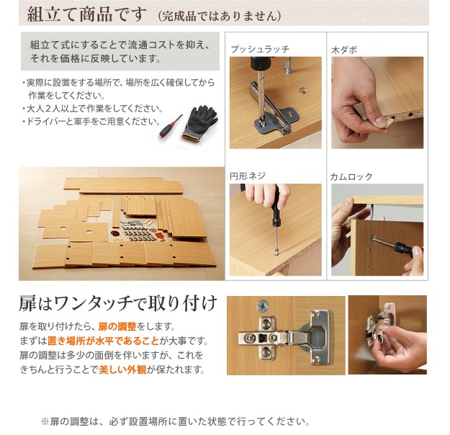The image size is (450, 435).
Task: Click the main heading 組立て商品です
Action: tap(86, 14)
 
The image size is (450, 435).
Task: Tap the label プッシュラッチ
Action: tap(260, 49)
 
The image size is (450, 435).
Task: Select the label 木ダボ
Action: tap(344, 50)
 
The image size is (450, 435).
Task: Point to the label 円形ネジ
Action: tap(248, 176)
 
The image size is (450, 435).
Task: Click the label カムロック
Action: tap(351, 176)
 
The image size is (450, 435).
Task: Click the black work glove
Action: tap(199, 123)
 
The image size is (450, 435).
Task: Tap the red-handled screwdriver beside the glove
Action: tap(171, 127)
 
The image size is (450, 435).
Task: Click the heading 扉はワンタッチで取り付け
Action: tap(118, 303)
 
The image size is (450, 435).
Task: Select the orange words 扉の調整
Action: tap(117, 326)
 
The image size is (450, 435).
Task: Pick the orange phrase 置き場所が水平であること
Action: tap(103, 341)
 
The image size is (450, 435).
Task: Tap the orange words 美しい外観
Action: tap(122, 369)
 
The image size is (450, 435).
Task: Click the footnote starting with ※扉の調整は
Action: tap(176, 421)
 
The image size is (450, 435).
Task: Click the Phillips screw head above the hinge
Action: tap(263, 305)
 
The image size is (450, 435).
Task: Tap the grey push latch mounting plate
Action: tap(277, 120)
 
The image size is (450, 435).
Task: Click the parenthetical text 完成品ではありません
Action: tap(220, 16)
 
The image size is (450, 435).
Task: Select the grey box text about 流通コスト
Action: tap(120, 52)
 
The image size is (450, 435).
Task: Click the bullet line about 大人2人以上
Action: tap(92, 109)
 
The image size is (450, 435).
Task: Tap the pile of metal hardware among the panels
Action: tap(139, 230)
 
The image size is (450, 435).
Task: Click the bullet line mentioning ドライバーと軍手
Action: tap(91, 122)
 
